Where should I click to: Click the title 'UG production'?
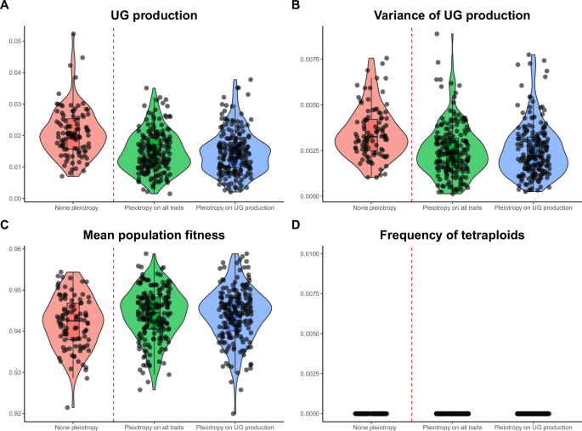(150, 14)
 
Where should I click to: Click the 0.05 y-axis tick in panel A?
(16, 41)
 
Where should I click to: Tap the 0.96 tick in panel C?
(16, 249)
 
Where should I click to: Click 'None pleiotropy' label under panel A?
(81, 207)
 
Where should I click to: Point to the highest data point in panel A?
(74, 35)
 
